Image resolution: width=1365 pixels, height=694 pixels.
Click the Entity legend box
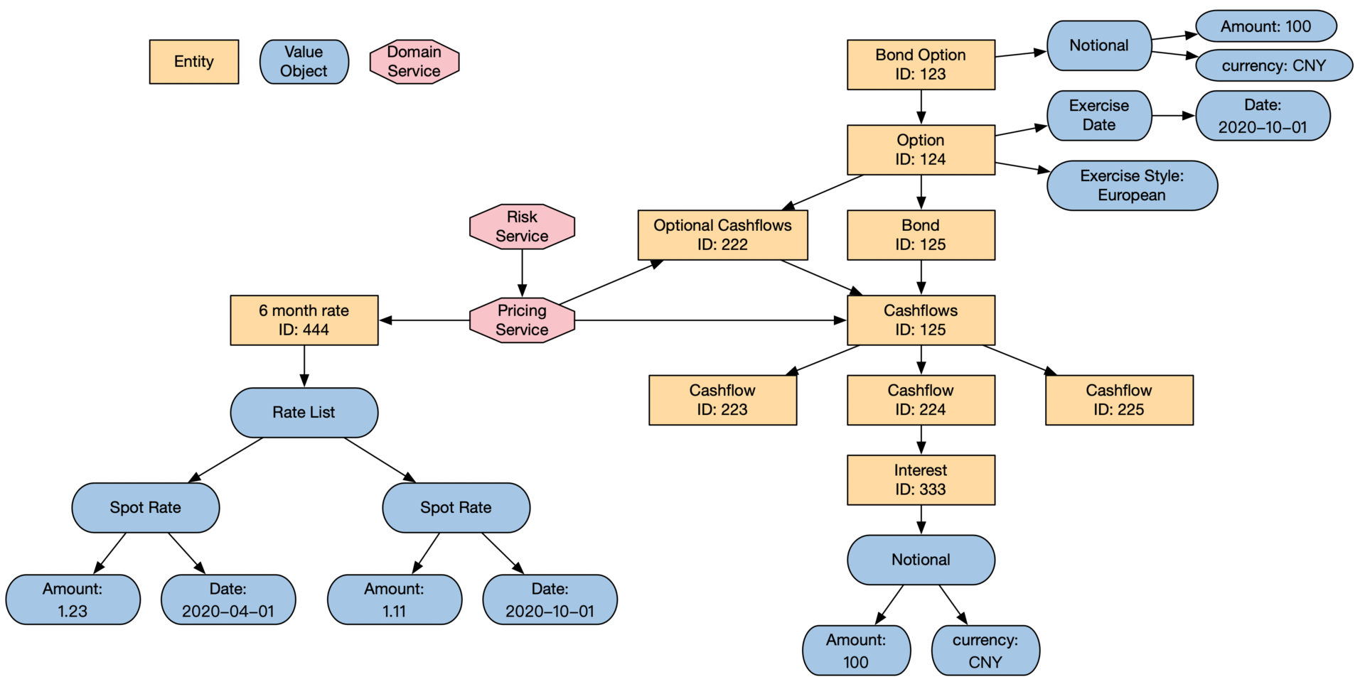point(193,62)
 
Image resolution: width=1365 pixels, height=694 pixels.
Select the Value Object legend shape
point(304,62)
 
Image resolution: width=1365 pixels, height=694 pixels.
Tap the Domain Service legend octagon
point(414,62)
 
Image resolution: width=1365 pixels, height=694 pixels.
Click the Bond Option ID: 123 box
point(921,65)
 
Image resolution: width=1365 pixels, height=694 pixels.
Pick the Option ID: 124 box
point(921,150)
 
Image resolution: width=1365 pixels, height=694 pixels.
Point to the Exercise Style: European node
point(1132,185)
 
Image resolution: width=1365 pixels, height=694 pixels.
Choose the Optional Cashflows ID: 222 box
point(722,235)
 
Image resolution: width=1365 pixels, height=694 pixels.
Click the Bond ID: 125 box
point(921,235)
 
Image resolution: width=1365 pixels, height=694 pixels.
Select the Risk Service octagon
point(522,227)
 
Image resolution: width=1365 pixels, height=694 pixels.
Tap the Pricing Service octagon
point(522,320)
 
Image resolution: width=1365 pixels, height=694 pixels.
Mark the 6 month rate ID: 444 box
point(304,320)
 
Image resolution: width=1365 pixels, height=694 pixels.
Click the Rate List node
point(304,413)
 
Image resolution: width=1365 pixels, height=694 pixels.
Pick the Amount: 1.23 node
point(73,600)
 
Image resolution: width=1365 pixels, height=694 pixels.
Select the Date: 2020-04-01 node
point(228,600)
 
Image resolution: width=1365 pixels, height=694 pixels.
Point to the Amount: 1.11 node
point(394,600)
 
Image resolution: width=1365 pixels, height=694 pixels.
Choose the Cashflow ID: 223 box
point(722,400)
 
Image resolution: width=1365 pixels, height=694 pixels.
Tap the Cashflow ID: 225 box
point(1119,400)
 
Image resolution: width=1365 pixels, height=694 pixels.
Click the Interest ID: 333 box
point(921,480)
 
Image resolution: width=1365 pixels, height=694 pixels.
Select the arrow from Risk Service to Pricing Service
point(522,273)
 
